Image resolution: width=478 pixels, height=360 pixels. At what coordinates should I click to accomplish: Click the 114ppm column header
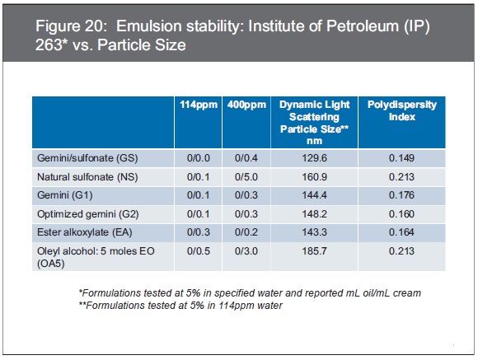coord(199,105)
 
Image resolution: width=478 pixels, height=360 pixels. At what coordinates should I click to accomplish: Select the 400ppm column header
coord(246,105)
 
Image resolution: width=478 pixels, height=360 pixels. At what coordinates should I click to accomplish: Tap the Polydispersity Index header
coord(402,110)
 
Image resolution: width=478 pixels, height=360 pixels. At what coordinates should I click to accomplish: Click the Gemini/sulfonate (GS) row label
coord(87,158)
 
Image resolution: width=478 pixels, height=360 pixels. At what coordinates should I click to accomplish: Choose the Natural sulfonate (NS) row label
coord(87,177)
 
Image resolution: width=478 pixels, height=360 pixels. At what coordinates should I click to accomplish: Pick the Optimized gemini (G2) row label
coord(88,214)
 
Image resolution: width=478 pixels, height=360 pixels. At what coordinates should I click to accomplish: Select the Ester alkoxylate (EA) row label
coord(84,232)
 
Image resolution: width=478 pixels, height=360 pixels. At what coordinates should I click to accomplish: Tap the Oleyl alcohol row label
coord(96,257)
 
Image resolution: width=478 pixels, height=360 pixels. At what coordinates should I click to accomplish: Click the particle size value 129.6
coord(314,158)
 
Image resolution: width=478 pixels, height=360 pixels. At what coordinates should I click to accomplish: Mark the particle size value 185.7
coord(314,251)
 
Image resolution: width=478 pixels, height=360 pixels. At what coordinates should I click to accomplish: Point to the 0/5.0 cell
coord(246,177)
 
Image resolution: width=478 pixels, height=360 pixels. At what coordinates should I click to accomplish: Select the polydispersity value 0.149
coord(401,158)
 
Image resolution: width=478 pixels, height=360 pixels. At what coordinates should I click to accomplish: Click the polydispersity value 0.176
coord(401,195)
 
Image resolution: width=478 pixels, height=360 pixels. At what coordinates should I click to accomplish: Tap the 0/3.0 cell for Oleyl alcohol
coord(246,251)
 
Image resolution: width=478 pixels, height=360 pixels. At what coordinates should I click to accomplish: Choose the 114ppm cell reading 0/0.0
coord(199,158)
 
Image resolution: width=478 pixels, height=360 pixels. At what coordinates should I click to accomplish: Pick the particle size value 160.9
coord(314,177)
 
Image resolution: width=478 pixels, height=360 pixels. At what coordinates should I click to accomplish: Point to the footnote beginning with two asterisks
coord(180,305)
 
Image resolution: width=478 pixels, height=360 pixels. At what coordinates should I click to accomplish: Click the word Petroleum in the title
coord(362,26)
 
